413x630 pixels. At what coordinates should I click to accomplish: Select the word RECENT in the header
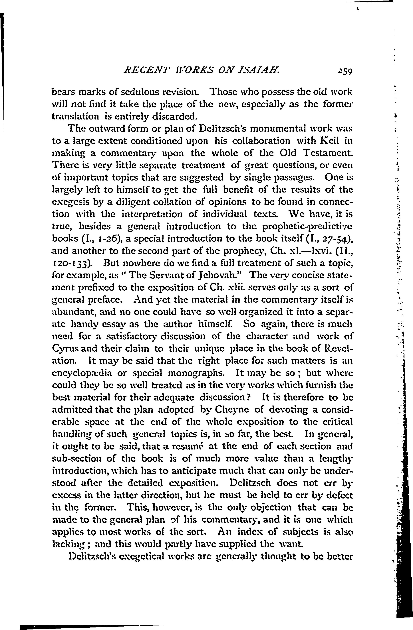pyautogui.click(x=142, y=71)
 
